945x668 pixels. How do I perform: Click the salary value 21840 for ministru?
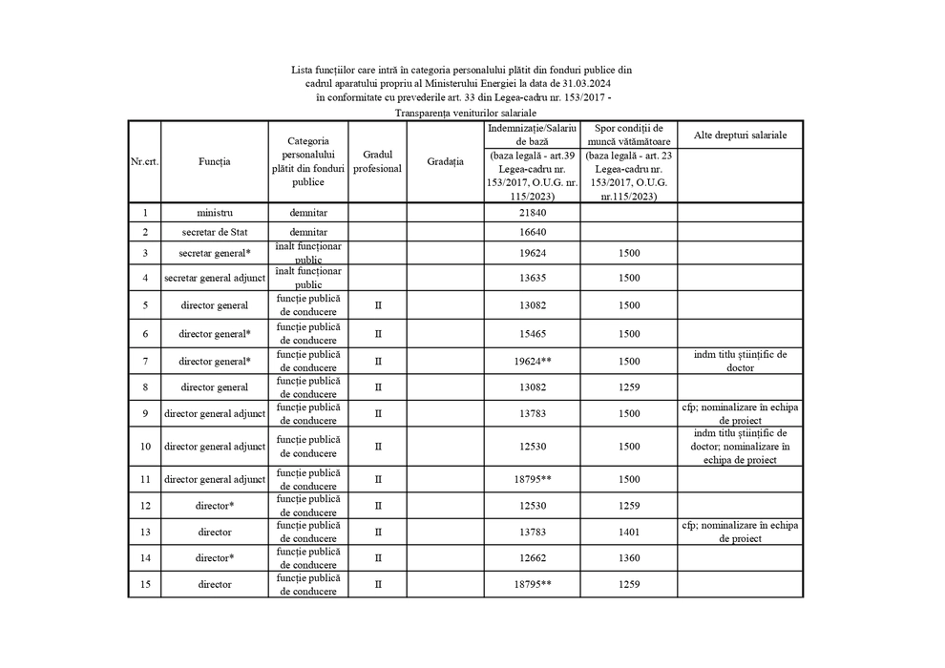(534, 213)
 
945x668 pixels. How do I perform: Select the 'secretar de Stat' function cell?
(215, 233)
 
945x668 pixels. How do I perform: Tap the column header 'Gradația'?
(446, 161)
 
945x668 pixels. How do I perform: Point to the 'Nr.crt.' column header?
(144, 162)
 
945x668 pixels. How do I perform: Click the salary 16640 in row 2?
(534, 233)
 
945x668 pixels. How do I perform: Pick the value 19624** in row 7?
(534, 362)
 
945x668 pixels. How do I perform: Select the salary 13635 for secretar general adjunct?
(534, 279)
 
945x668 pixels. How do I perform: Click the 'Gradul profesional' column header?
(378, 161)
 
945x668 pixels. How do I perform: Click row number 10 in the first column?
(145, 447)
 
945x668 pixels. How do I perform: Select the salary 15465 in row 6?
(534, 334)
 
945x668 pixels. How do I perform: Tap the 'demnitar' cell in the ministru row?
(309, 213)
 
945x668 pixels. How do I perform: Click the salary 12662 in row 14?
(534, 557)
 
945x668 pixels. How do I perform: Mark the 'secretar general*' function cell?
(215, 253)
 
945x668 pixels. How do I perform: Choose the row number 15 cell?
(145, 584)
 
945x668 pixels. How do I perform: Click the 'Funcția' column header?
(215, 162)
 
